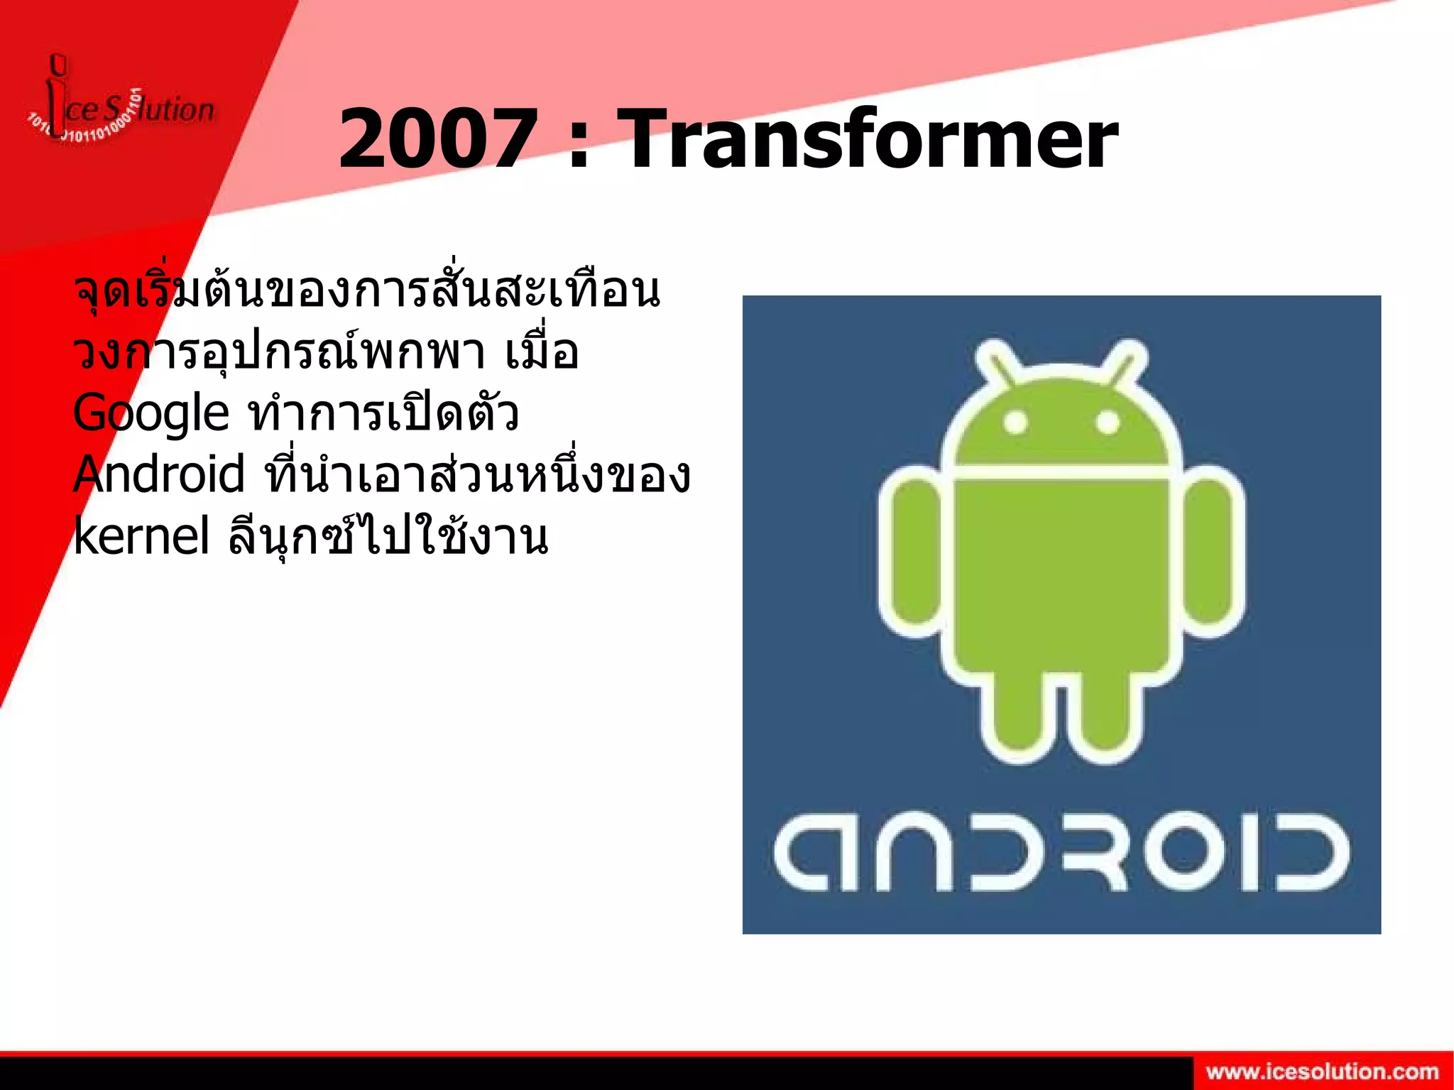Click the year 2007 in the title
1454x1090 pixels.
click(436, 139)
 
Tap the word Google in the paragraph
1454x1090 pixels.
click(151, 413)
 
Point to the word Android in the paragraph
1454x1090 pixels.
click(159, 474)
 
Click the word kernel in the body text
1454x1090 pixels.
click(141, 536)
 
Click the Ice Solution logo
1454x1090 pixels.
click(121, 107)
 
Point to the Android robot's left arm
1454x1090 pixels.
click(914, 550)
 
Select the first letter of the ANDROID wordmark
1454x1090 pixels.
click(802, 852)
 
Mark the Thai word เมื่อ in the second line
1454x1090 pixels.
click(542, 353)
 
